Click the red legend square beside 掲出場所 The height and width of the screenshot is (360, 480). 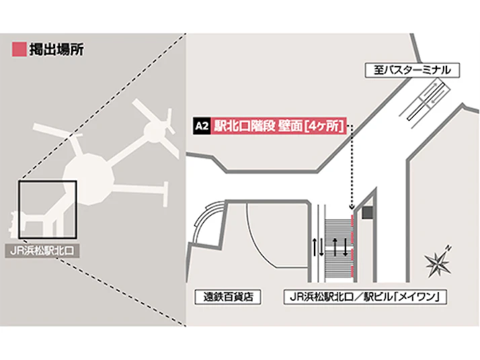pos(19,49)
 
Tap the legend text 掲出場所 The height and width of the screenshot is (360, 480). pos(56,50)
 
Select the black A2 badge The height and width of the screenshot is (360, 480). pos(202,126)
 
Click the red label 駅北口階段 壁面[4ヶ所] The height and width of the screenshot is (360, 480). pos(278,126)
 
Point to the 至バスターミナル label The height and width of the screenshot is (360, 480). pos(412,70)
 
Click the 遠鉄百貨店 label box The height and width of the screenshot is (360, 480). pos(228,297)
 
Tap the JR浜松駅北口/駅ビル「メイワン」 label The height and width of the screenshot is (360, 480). pos(365,297)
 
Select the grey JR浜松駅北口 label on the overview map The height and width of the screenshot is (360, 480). pos(42,251)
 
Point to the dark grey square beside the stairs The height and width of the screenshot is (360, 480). pos(367,212)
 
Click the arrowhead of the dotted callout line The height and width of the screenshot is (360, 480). pos(352,208)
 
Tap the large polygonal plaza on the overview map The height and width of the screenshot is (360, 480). pos(89,179)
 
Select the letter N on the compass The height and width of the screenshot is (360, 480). pos(448,247)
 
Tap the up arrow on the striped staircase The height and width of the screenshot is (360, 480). pos(335,247)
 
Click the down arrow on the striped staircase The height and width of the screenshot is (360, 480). pos(346,247)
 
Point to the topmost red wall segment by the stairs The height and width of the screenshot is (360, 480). pos(352,221)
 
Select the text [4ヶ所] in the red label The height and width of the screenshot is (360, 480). pos(325,126)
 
